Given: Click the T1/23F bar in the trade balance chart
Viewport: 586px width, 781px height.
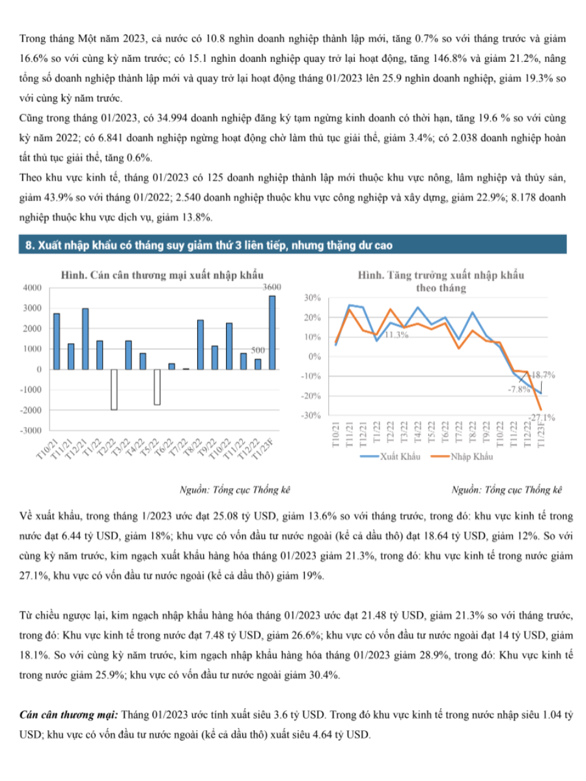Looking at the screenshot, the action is pos(272,333).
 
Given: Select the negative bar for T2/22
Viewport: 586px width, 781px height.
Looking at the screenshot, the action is pos(114,389).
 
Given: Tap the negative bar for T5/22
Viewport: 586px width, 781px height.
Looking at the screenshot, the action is pos(157,387).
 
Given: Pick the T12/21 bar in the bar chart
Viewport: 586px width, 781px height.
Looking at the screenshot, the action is pos(85,338).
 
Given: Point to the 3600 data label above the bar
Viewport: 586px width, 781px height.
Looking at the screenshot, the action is pos(272,287).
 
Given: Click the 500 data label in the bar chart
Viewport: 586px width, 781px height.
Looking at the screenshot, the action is pos(258,350).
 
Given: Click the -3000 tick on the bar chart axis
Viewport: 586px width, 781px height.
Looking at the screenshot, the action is pos(31,430).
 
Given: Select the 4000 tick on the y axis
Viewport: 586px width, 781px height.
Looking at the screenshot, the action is pos(33,288).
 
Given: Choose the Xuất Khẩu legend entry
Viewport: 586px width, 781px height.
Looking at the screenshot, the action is pos(390,456).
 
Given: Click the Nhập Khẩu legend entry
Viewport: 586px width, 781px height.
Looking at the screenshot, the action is pos(462,456).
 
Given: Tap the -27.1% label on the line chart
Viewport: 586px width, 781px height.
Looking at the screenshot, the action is pos(542,417).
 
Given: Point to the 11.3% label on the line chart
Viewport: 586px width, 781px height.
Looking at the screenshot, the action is pos(397,335).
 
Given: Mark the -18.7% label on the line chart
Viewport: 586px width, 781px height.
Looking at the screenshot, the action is pos(542,375).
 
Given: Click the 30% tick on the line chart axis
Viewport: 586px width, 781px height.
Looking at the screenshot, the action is pos(312,297).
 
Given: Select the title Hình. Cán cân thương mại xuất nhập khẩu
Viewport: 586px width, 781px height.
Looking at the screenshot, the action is pos(162,275).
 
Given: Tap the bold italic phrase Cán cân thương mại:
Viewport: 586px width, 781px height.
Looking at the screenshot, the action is pos(68,715).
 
